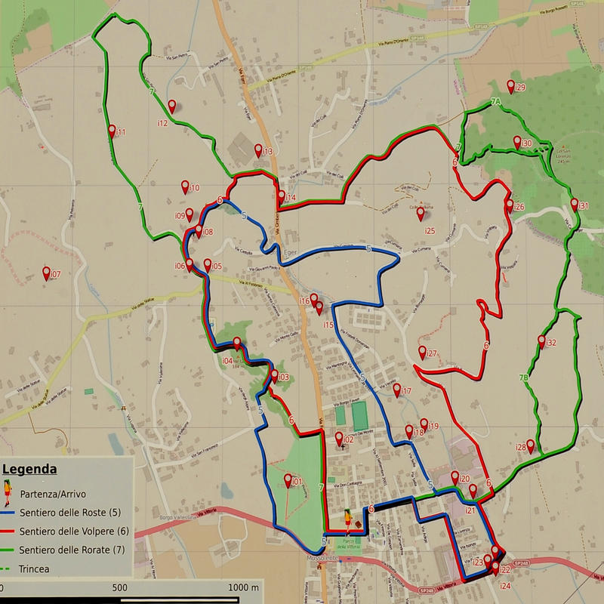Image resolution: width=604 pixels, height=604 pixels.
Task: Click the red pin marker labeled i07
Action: point(47,273)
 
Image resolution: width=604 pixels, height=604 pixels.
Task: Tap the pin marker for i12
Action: point(172,106)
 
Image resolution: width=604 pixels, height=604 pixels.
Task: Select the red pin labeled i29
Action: point(511,86)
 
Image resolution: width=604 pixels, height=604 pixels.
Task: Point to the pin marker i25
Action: point(421,214)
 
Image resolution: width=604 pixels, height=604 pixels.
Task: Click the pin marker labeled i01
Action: point(288,479)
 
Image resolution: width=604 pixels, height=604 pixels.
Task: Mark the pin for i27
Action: point(422,352)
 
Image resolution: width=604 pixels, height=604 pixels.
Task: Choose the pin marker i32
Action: point(541,341)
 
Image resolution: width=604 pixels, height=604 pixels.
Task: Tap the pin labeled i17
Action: point(397,390)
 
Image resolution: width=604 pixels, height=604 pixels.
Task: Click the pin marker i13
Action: point(258,149)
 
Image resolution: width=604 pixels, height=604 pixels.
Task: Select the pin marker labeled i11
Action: point(112,131)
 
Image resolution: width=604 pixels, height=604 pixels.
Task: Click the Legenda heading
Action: point(30,469)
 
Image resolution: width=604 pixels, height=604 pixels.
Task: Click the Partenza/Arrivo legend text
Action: point(54,495)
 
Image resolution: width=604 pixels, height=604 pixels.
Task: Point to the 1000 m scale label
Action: point(243,587)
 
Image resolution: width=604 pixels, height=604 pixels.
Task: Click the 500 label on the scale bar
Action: point(119,587)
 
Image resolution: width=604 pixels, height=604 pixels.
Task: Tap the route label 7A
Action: point(495,101)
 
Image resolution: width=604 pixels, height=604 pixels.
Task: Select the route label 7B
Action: point(524,377)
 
